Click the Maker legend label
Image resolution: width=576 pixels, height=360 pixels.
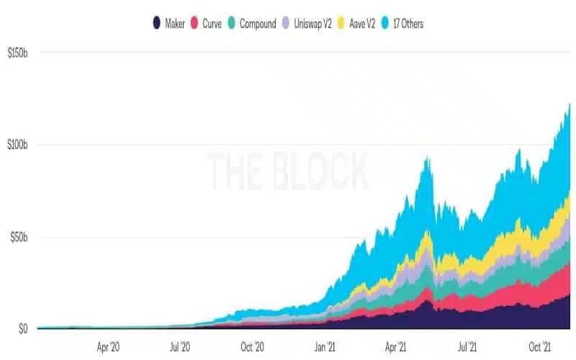point(175,24)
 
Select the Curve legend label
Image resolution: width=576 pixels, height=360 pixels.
point(212,24)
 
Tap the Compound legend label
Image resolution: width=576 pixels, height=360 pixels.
point(258,24)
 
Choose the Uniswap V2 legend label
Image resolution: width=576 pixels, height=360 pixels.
point(312,24)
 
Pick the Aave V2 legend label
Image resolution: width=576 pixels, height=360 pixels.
point(362,24)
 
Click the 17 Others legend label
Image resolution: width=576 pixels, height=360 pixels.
point(408,24)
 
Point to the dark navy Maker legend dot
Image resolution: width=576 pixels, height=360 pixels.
point(157,23)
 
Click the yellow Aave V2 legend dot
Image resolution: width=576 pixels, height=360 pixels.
point(341,23)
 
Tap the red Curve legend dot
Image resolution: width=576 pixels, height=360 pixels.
point(194,23)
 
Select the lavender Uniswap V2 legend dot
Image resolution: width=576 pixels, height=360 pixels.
point(286,23)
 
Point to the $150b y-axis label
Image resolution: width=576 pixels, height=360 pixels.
point(17,53)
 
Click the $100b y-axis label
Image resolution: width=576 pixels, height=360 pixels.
point(17,145)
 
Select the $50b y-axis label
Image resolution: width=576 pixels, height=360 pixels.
point(19,238)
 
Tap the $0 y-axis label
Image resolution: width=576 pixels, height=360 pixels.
point(23,329)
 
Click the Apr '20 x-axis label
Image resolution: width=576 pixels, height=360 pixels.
point(108,347)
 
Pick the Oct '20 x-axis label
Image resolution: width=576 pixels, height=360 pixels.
point(253,347)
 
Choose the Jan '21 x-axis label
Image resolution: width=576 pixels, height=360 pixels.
point(325,347)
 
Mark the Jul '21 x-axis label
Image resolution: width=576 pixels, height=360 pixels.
point(467,347)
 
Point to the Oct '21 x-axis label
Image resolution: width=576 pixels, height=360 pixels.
point(540,347)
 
